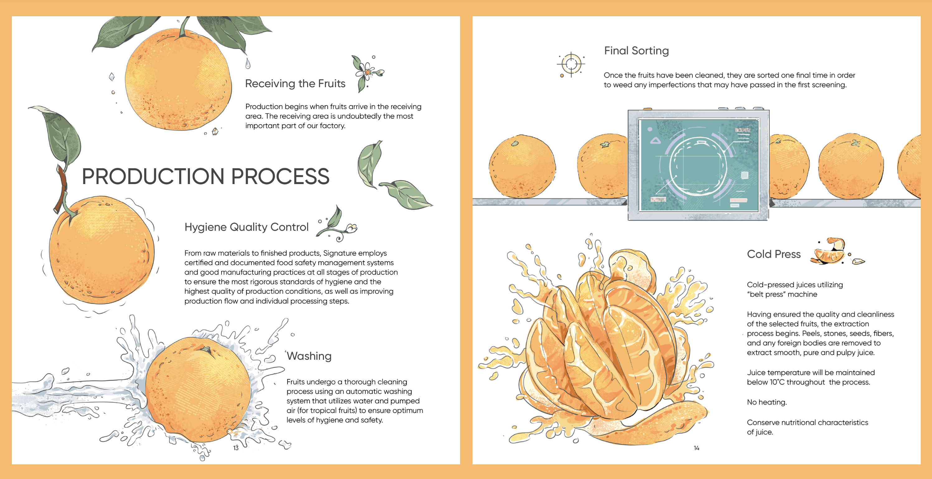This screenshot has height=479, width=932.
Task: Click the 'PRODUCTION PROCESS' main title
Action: click(206, 176)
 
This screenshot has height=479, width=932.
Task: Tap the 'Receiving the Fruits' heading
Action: click(295, 83)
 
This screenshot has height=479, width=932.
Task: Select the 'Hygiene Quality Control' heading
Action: click(246, 227)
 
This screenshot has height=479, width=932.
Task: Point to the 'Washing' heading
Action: click(309, 356)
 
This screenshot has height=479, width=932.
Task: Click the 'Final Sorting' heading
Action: click(636, 51)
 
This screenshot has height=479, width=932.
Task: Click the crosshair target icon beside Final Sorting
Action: click(571, 64)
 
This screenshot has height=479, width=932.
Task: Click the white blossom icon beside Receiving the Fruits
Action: click(367, 73)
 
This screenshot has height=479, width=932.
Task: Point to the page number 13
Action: click(236, 448)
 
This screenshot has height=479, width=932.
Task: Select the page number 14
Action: click(697, 448)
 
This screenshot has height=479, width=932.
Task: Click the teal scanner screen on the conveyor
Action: click(699, 165)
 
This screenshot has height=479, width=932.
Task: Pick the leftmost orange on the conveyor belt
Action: click(522, 166)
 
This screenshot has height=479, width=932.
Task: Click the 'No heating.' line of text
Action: click(767, 402)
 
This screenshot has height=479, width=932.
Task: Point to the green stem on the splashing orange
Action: click(207, 350)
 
